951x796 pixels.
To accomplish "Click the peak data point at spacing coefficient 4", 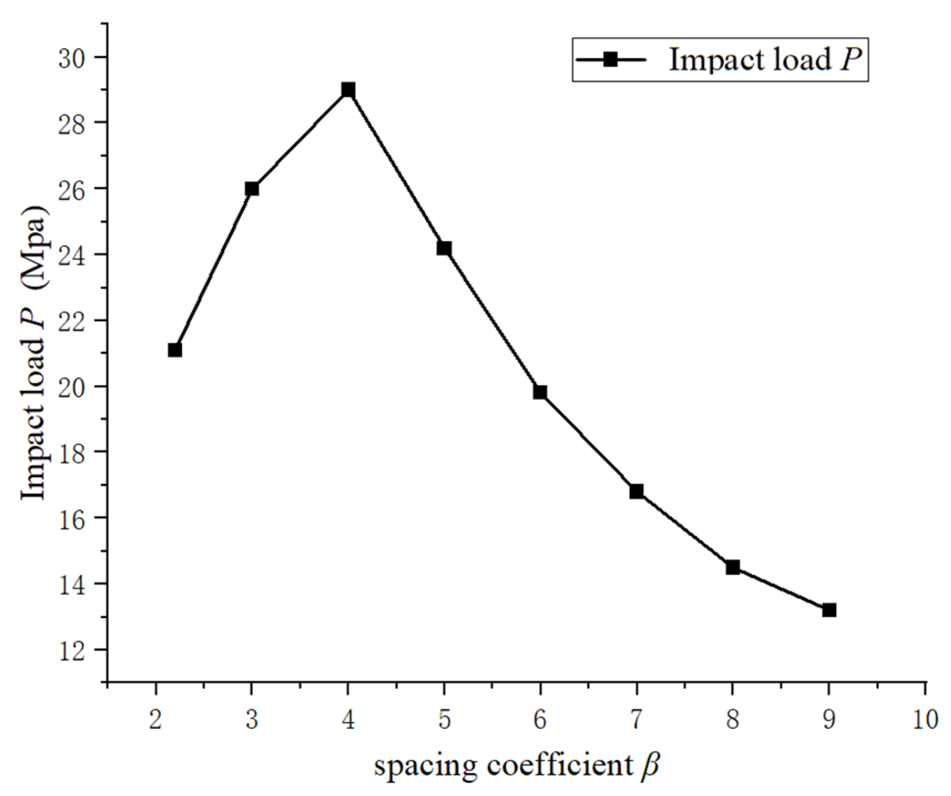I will pyautogui.click(x=348, y=90).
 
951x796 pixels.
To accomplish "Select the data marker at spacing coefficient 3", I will pyautogui.click(x=252, y=189).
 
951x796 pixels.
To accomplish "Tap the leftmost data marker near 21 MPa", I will pyautogui.click(x=175, y=350).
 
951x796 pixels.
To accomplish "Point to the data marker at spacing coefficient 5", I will pyautogui.click(x=444, y=248).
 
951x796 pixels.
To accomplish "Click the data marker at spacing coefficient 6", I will pyautogui.click(x=540, y=392).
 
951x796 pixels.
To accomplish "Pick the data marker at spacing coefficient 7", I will pyautogui.click(x=637, y=491).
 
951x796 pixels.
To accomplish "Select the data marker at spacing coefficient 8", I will pyautogui.click(x=733, y=567).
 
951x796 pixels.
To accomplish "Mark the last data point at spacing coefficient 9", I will pyautogui.click(x=829, y=610).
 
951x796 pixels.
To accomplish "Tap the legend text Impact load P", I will pyautogui.click(x=766, y=60).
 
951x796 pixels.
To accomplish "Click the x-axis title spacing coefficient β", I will pyautogui.click(x=517, y=765).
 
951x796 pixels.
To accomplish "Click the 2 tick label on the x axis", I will pyautogui.click(x=156, y=720).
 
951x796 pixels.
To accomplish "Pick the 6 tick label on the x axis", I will pyautogui.click(x=540, y=720).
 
